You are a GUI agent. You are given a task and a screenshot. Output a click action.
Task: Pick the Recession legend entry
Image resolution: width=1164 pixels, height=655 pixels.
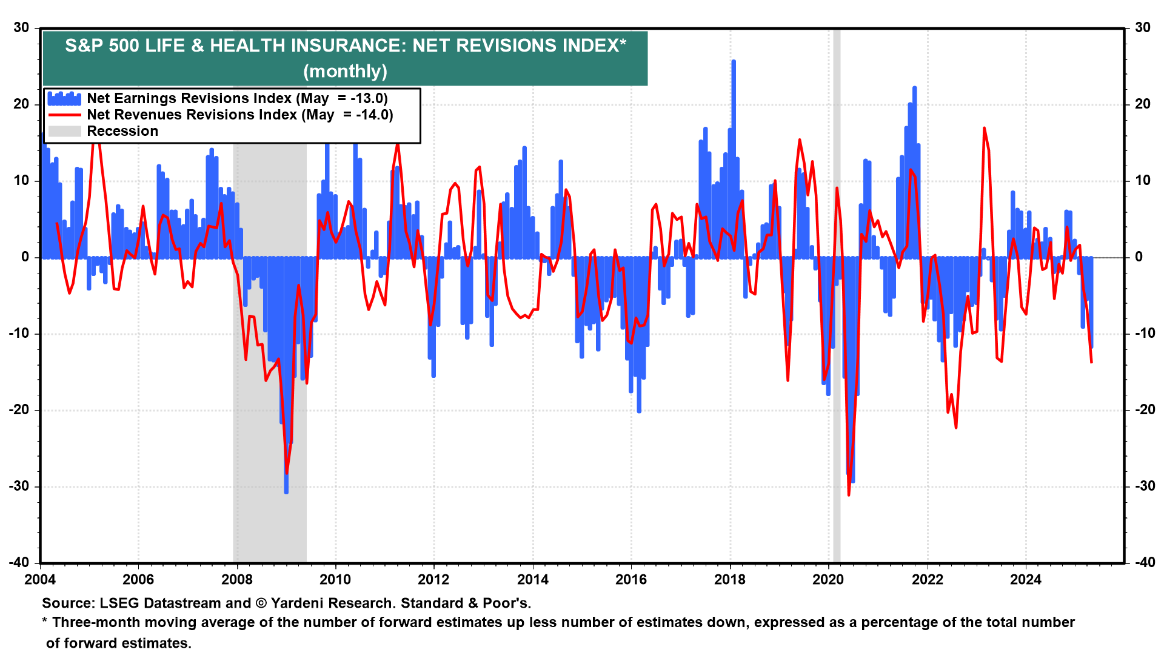pyautogui.click(x=122, y=131)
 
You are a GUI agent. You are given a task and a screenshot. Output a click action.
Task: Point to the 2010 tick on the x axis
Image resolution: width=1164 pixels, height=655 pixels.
pyautogui.click(x=335, y=579)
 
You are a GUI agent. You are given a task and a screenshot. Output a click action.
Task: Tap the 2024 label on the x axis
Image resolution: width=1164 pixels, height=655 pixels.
pyautogui.click(x=1025, y=579)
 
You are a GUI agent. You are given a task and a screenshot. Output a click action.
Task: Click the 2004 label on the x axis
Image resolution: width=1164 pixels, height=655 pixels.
pyautogui.click(x=40, y=579)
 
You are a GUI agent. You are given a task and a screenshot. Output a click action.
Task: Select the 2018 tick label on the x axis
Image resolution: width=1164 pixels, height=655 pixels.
pyautogui.click(x=729, y=579)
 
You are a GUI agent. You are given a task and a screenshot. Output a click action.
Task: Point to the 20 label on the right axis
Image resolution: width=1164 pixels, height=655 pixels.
pyautogui.click(x=1142, y=104)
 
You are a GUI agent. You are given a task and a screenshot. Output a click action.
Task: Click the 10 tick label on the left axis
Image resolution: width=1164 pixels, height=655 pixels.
pyautogui.click(x=22, y=180)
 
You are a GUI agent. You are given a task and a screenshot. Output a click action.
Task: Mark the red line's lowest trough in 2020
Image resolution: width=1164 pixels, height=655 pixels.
pyautogui.click(x=849, y=494)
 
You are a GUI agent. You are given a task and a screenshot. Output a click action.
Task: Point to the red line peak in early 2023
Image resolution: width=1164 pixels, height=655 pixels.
pyautogui.click(x=984, y=129)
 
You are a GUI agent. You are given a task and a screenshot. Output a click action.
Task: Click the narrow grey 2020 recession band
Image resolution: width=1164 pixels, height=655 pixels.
pyautogui.click(x=837, y=364)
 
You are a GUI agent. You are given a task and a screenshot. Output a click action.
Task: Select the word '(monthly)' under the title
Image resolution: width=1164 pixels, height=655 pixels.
pyautogui.click(x=345, y=71)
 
